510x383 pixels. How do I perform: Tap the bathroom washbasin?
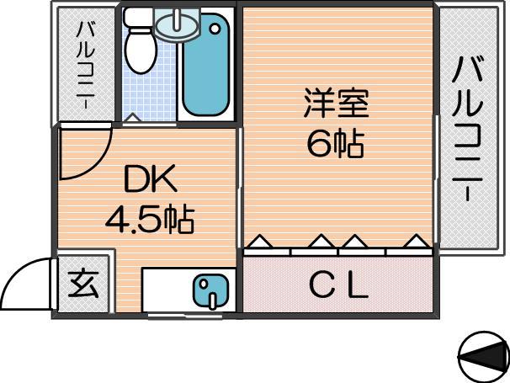(x=177, y=25)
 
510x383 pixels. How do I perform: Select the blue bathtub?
(x=206, y=65)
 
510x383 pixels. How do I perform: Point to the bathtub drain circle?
(x=215, y=29)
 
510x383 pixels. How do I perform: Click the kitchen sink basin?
(x=210, y=291)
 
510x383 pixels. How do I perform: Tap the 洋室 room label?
(x=336, y=103)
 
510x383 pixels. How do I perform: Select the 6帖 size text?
(x=335, y=143)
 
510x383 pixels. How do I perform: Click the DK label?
(x=151, y=178)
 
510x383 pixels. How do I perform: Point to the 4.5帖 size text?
(x=150, y=220)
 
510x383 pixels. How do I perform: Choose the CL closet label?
(x=339, y=286)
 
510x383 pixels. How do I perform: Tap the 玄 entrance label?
(x=83, y=284)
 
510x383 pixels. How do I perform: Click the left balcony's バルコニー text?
(x=86, y=65)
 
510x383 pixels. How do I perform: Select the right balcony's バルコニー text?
(x=467, y=129)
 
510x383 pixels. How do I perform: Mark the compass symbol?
(x=484, y=357)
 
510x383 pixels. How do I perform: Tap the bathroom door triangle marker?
(x=133, y=118)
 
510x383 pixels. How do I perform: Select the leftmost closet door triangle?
(x=261, y=241)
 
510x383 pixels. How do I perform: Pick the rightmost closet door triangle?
(x=417, y=241)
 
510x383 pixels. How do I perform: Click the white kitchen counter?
(x=189, y=290)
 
